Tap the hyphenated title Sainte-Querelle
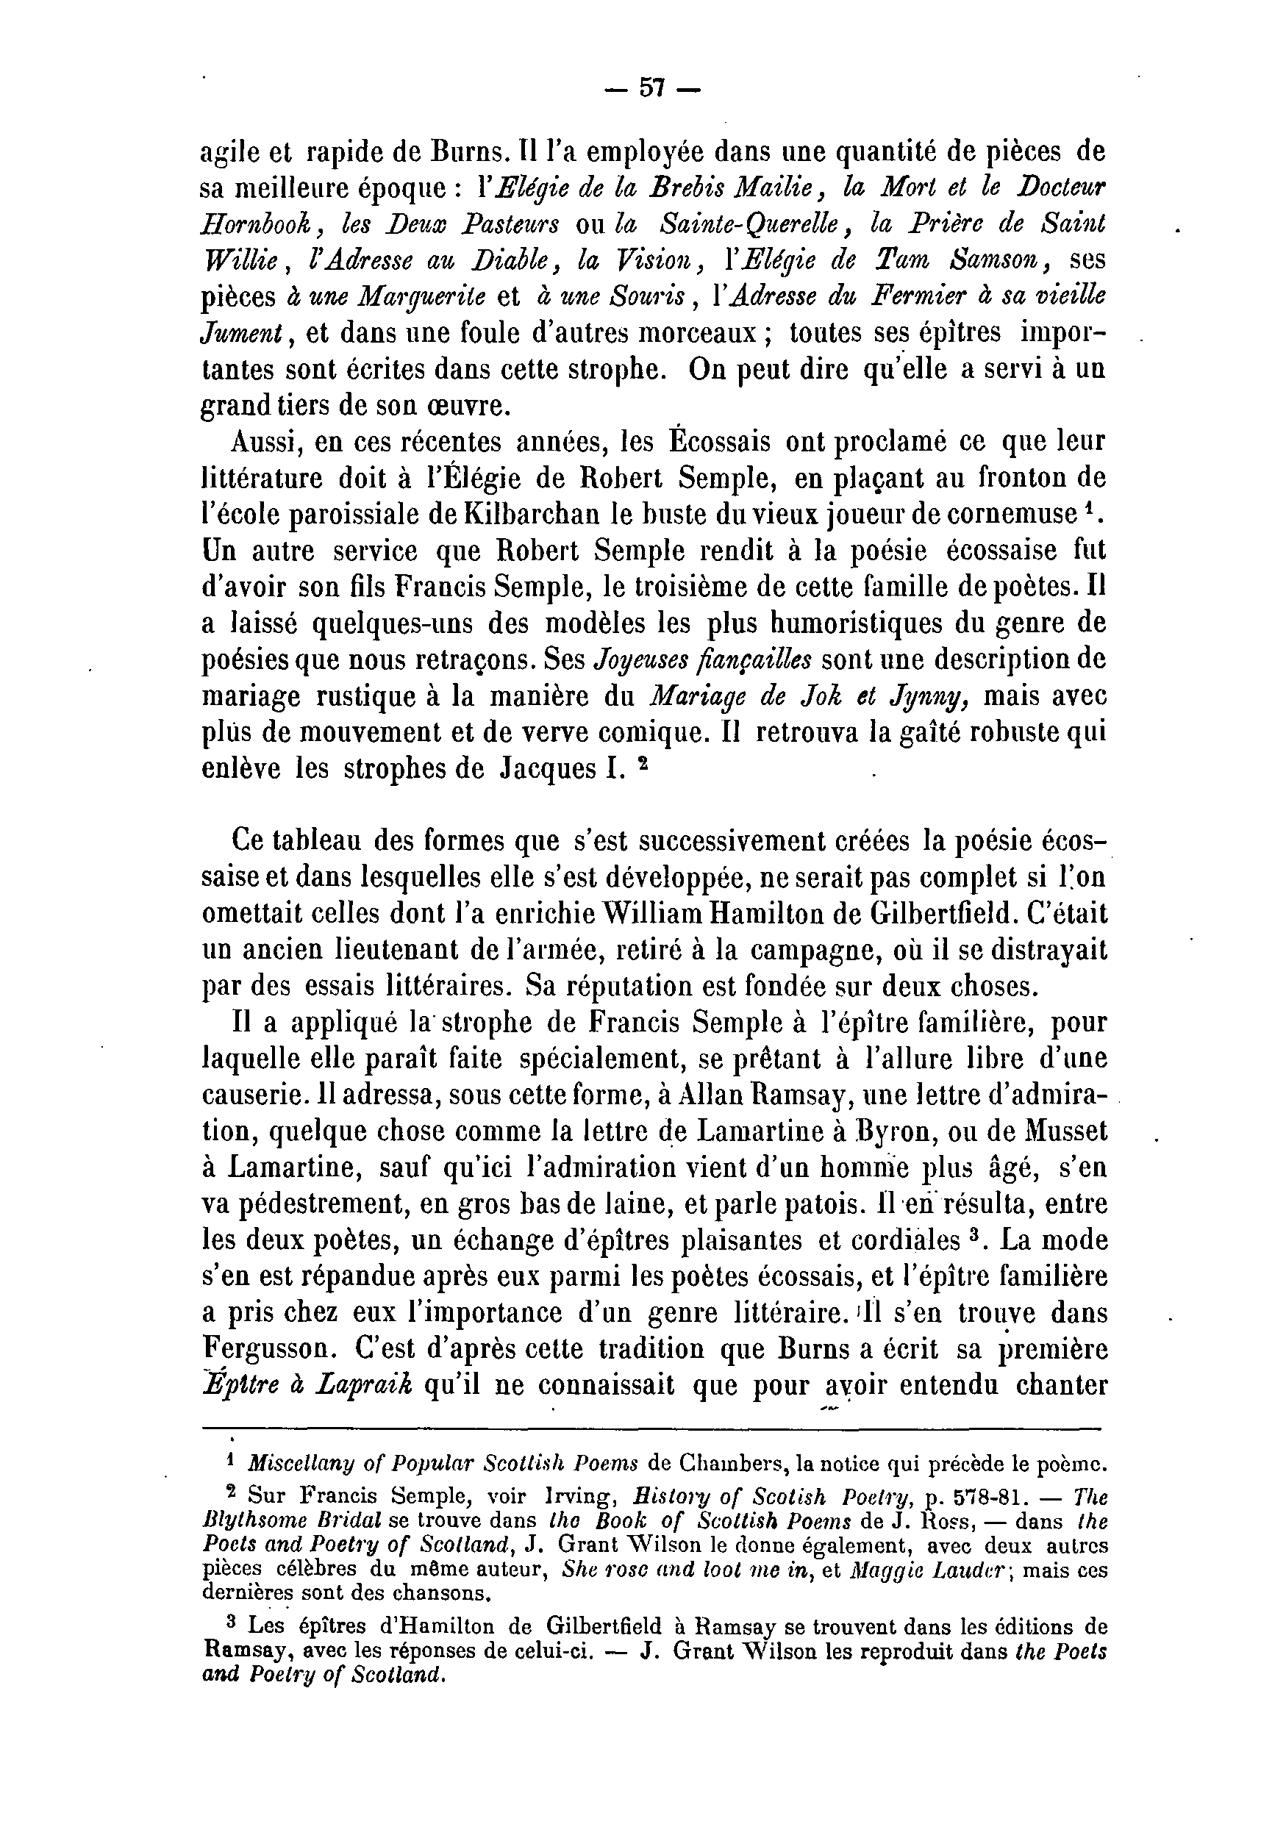pos(751,224)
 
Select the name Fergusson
pos(269,1348)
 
